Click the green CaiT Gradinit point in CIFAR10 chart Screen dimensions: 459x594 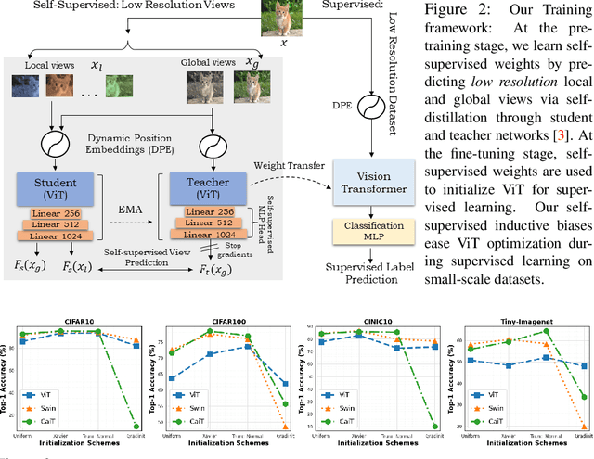(x=135, y=427)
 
